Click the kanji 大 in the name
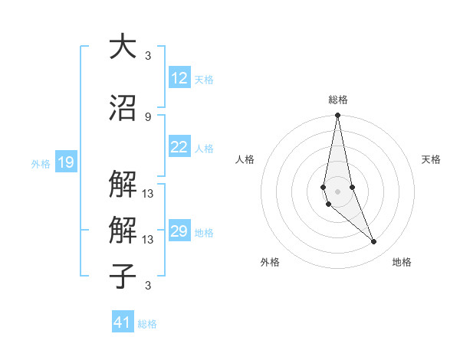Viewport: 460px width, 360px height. point(123,46)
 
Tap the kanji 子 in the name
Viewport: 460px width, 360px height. point(123,276)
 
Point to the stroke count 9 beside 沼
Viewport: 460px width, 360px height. point(148,116)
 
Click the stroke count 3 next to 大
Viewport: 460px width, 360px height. point(148,55)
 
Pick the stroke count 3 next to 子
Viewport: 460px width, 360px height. point(148,286)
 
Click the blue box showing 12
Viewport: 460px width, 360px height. point(179,78)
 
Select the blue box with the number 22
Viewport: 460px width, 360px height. point(179,148)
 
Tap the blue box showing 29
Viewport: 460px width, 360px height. point(179,231)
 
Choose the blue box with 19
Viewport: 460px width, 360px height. point(65,162)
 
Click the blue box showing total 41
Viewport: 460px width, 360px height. point(123,322)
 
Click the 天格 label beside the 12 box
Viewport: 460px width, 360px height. point(204,79)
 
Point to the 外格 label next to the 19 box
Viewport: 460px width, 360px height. point(41,163)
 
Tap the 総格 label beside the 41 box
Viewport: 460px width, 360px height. point(147,323)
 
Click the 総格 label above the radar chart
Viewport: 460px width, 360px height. point(337,100)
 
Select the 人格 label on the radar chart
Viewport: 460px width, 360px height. point(245,159)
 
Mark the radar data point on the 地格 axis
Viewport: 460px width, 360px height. point(374,242)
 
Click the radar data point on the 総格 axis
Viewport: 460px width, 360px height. point(337,116)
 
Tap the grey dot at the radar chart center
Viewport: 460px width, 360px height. point(337,190)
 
